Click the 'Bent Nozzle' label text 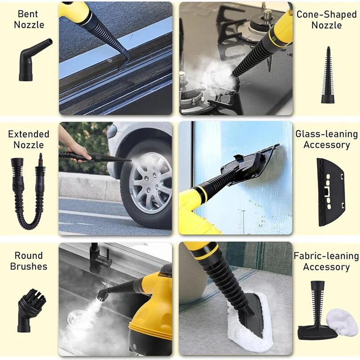click(x=29, y=19)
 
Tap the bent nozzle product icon click(x=33, y=60)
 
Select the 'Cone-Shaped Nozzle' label click(x=327, y=19)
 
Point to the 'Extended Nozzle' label click(x=29, y=139)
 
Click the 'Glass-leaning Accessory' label click(x=327, y=139)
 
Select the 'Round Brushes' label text click(x=29, y=261)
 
